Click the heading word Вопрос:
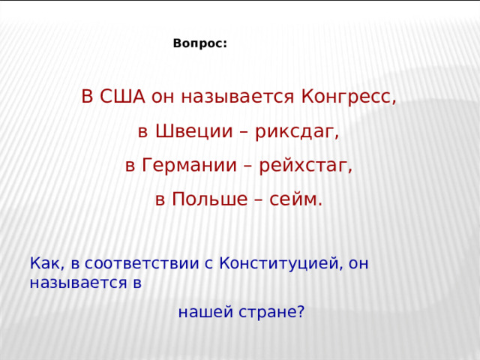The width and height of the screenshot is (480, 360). click(x=199, y=44)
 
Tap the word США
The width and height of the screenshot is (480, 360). click(x=122, y=97)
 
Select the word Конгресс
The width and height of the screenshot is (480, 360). click(x=346, y=97)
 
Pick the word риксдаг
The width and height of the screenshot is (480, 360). click(x=298, y=132)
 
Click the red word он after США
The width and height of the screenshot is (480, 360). click(x=162, y=97)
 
